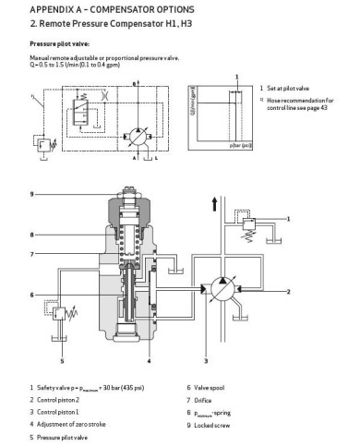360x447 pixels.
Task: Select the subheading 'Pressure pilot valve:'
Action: coord(61,43)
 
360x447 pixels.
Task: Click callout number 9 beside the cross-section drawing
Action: coord(31,194)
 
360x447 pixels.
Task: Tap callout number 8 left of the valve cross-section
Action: coord(31,234)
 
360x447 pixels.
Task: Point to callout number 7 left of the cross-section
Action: coord(31,254)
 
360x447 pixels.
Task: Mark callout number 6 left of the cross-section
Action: coord(31,295)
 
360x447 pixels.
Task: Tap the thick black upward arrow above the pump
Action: coord(214,204)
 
